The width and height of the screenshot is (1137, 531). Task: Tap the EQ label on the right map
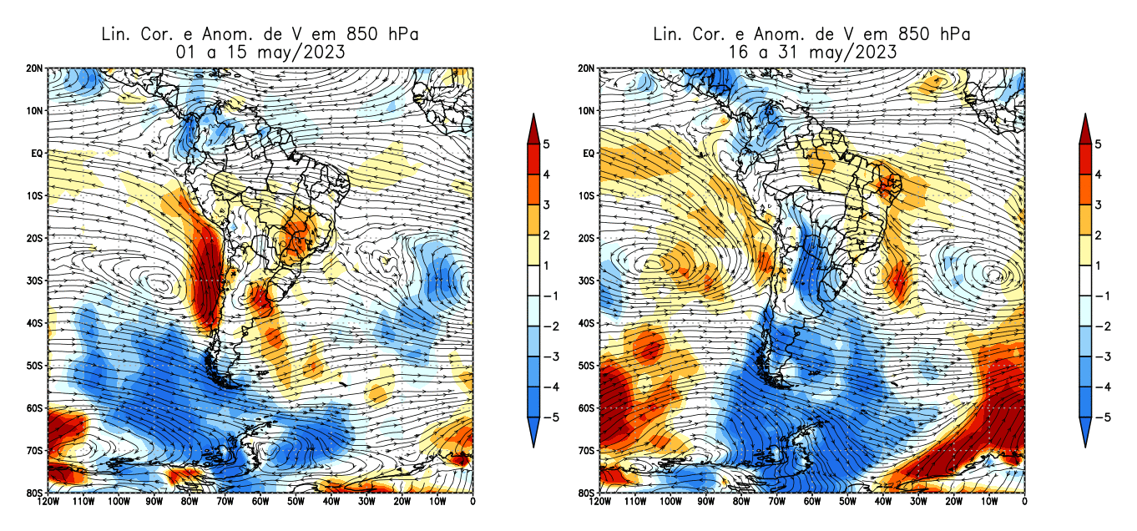589,154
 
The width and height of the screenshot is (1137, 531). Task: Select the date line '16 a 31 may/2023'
811,51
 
